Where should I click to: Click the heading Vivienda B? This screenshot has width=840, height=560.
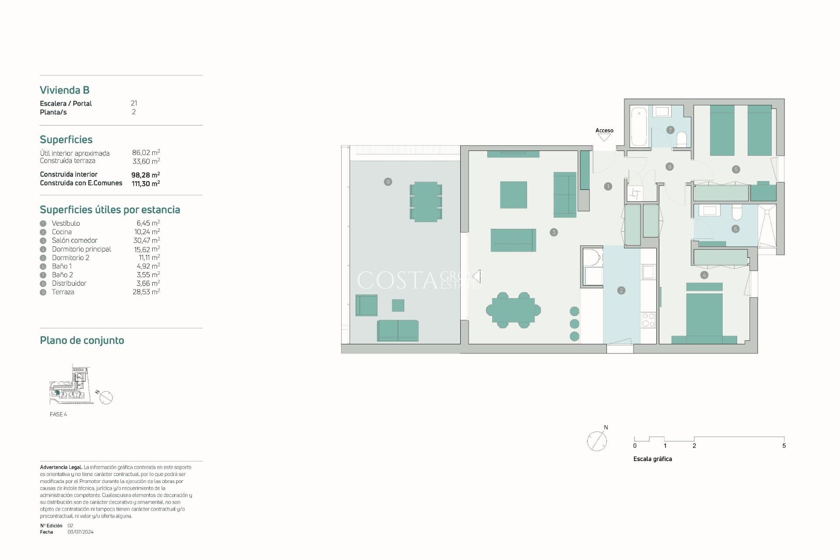(x=65, y=90)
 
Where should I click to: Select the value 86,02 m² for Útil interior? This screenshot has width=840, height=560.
(x=146, y=153)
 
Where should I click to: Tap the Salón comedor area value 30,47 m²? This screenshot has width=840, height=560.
(x=146, y=240)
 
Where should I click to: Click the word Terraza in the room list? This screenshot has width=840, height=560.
(x=63, y=292)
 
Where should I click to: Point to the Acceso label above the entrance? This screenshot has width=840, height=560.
(x=604, y=130)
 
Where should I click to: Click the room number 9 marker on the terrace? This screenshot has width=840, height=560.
(x=388, y=182)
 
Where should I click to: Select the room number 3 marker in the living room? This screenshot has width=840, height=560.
(x=553, y=232)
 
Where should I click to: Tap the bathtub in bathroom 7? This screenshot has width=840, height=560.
(x=639, y=126)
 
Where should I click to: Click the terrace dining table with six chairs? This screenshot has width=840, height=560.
(x=426, y=202)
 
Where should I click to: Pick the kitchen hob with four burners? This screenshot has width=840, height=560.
(x=648, y=320)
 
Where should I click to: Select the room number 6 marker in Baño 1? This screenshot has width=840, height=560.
(x=735, y=229)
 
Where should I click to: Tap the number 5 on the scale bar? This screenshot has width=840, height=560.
(x=784, y=446)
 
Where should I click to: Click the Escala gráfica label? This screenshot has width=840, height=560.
(x=652, y=459)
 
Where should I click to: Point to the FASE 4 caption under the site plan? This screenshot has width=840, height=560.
(x=58, y=414)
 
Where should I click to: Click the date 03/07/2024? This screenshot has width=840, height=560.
(x=80, y=532)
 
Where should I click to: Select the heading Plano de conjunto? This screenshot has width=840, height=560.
(x=82, y=340)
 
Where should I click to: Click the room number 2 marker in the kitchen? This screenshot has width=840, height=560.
(x=621, y=290)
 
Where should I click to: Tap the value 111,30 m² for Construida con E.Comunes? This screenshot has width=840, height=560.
(x=146, y=184)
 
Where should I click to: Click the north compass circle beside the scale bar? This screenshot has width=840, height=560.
(x=597, y=441)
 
